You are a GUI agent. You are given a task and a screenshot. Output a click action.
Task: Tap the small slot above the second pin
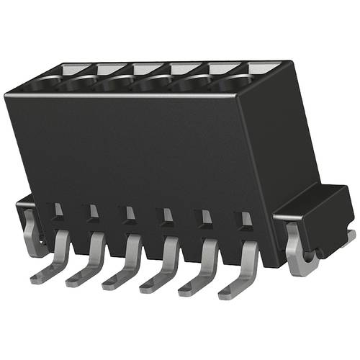(x=93, y=211)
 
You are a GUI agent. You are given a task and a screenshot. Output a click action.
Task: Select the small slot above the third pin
(x=130, y=212)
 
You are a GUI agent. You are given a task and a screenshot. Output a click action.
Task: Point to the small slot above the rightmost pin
(x=246, y=217)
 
